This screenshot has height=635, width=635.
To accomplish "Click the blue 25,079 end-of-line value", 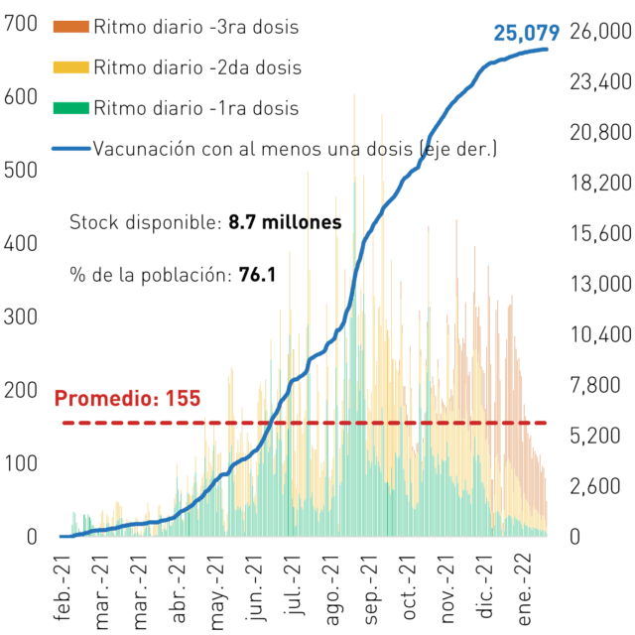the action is click(527, 33).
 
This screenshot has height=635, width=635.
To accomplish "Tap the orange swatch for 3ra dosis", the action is click(71, 27).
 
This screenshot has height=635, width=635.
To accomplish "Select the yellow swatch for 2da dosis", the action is click(71, 67).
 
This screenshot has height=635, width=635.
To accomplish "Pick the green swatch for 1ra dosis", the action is click(71, 108).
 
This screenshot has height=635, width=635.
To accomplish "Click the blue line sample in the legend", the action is click(71, 149).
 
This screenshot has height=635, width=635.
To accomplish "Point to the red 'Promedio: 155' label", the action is click(127, 398).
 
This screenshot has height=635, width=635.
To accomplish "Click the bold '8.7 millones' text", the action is click(285, 222).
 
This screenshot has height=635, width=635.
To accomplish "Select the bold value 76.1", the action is click(258, 275).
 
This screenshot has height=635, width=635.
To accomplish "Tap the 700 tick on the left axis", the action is click(21, 24).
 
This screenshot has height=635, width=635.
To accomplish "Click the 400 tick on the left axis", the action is click(21, 243).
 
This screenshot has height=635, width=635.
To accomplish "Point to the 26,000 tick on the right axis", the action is click(600, 31).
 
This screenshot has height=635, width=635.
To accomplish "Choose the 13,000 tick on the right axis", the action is click(600, 284).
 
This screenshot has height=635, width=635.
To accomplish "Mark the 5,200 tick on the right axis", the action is click(595, 436).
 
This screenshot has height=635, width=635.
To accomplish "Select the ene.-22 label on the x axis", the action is click(525, 589).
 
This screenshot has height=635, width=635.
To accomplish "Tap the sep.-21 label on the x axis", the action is click(370, 589).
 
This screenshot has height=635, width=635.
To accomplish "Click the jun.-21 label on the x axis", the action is click(254, 588).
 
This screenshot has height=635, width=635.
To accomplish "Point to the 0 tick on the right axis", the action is click(575, 537).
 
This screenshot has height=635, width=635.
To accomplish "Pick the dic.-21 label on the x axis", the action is click(486, 586).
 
